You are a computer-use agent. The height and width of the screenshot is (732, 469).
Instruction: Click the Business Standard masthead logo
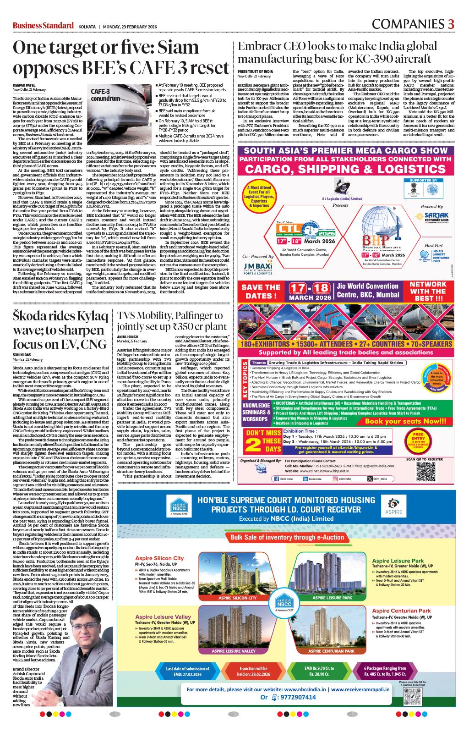pos(43,25)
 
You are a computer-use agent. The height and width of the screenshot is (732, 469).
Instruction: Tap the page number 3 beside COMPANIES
pos(451,24)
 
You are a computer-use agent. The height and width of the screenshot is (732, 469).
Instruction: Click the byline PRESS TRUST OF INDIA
pos(255,72)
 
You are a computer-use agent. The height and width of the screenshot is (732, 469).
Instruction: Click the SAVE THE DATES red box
pos(260,292)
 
